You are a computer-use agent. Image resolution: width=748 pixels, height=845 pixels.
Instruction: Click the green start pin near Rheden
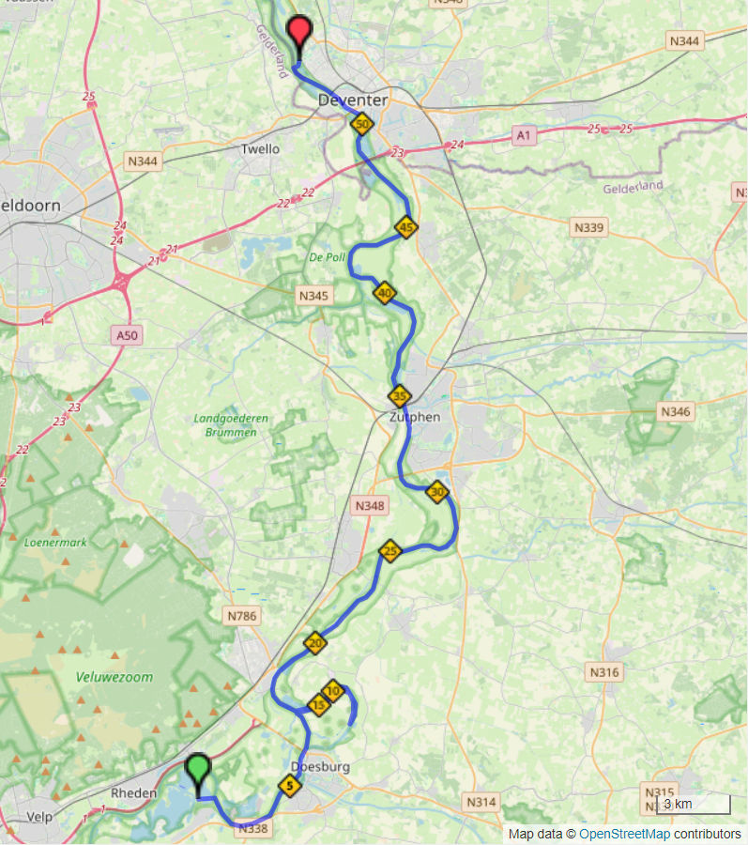point(197,772)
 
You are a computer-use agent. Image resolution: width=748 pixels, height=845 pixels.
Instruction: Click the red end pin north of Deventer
point(299,34)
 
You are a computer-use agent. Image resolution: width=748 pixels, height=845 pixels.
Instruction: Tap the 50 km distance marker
point(361,124)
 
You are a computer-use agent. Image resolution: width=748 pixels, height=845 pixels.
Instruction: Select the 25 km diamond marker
point(390,551)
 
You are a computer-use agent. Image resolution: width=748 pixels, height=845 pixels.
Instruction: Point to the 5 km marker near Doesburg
point(289,785)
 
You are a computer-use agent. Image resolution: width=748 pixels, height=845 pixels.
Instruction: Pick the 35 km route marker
point(400,395)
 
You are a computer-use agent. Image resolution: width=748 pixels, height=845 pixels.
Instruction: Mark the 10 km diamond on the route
point(333,691)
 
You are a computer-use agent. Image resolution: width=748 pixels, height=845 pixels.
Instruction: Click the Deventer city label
point(353,100)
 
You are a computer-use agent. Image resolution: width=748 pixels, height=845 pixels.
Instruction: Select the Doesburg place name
point(322,767)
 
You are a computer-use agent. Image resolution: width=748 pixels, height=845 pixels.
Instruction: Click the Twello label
point(260,149)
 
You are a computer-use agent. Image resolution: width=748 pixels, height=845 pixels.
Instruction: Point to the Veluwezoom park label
point(115,676)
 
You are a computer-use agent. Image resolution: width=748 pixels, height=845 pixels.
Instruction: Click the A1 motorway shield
point(524,137)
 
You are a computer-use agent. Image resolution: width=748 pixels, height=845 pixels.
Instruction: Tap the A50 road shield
point(128,335)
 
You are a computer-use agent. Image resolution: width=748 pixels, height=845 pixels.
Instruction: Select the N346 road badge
point(675,411)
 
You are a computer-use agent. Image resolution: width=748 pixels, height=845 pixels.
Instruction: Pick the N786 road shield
point(241,616)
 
